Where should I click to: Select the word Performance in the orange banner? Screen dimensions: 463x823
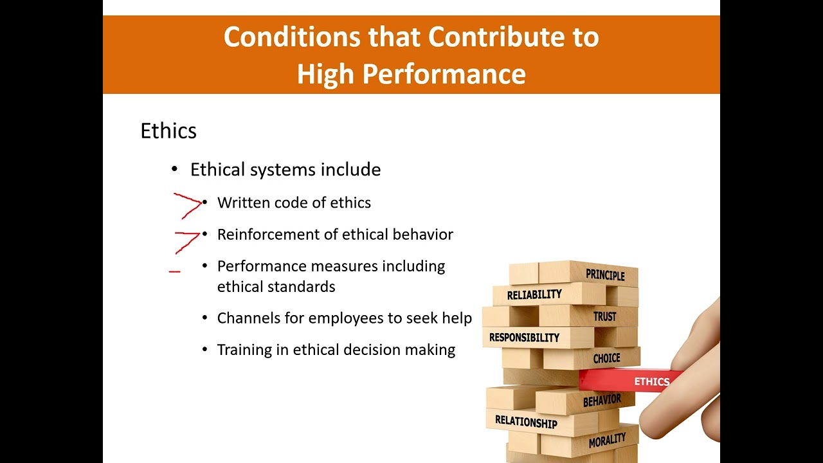pos(444,74)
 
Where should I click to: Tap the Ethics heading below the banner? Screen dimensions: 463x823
pos(168,131)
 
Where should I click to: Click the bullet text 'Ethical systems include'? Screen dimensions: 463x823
pos(285,170)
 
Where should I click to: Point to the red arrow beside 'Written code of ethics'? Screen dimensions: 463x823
pos(187,204)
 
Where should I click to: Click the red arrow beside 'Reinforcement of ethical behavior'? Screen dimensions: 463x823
pos(187,241)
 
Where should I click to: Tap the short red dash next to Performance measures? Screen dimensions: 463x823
pos(174,272)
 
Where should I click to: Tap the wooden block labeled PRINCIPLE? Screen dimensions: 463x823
pos(604,275)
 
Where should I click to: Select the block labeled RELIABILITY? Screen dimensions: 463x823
pos(534,295)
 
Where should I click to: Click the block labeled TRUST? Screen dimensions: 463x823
pos(604,316)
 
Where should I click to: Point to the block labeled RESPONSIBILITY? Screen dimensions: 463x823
pos(524,338)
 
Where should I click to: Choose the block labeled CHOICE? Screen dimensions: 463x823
pos(606,358)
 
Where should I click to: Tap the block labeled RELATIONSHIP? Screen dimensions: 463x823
pos(526,422)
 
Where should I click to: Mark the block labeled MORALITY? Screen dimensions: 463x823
pos(606,440)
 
